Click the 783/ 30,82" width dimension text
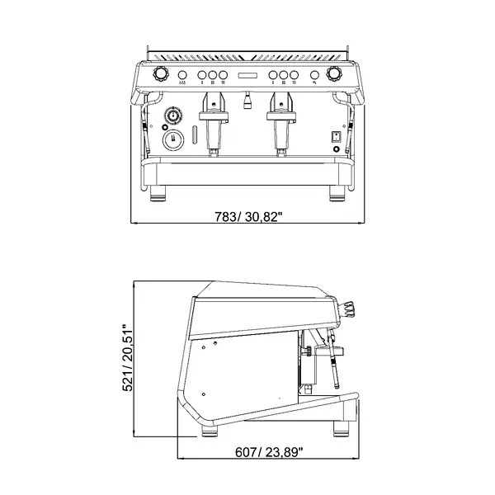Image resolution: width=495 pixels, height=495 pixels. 248,216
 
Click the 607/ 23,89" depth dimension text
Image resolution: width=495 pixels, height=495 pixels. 269,451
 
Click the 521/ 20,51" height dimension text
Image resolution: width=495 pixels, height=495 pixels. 128,356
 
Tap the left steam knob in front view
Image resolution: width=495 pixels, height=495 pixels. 161,73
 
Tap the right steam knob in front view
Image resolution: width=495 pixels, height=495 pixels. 334,73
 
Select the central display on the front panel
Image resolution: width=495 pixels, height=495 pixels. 247,77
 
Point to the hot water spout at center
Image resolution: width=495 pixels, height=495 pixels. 247,102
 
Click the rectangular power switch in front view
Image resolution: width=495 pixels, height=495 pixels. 337,137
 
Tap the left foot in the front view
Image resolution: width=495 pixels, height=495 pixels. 158,195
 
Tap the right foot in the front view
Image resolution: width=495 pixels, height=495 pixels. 337,195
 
